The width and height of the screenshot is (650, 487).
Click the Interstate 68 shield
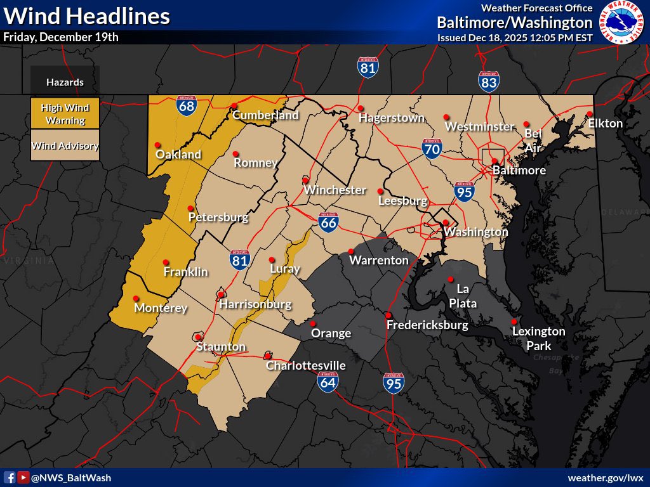pyautogui.click(x=186, y=107)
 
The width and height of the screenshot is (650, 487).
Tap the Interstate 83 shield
pyautogui.click(x=489, y=81)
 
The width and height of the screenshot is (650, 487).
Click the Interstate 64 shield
pyautogui.click(x=328, y=381)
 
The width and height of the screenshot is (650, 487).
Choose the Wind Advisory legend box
pyautogui.click(x=65, y=146)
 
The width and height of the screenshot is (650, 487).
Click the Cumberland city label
pyautogui.click(x=265, y=115)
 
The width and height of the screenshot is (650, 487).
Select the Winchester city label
pyautogui.click(x=335, y=190)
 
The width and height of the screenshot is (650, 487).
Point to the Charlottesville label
pyautogui.click(x=305, y=366)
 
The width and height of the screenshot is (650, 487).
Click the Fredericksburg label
pyautogui.click(x=427, y=325)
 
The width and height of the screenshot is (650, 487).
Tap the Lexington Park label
pyautogui.click(x=538, y=339)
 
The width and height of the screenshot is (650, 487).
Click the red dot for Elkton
pyautogui.click(x=590, y=114)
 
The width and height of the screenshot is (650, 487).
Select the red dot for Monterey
pyautogui.click(x=135, y=298)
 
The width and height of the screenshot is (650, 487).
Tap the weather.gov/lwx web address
pyautogui.click(x=606, y=477)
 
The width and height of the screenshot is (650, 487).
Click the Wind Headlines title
pyautogui.click(x=86, y=16)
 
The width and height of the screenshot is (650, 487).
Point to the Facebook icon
pyautogui.click(x=10, y=477)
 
